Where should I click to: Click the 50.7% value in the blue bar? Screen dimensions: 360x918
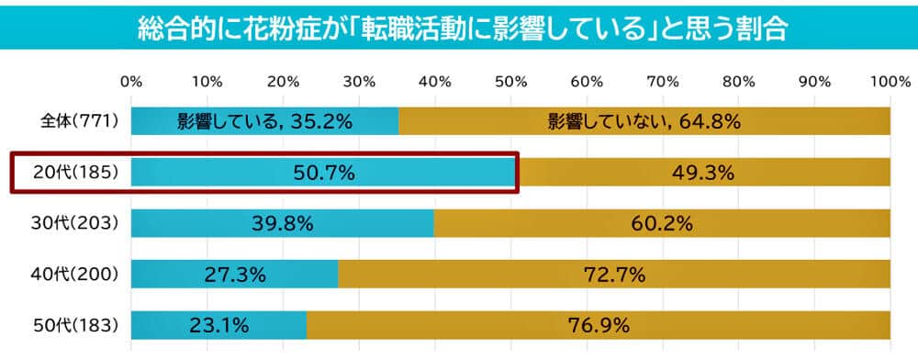324,173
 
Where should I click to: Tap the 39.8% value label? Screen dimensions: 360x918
283,223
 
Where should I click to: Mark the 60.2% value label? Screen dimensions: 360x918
661,223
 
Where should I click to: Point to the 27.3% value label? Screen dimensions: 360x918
235,274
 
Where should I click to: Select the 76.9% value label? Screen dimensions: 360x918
599,324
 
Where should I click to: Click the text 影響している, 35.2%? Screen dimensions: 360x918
265,121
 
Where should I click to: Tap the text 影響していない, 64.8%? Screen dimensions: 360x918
644,121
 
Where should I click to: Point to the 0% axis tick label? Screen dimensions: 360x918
131,82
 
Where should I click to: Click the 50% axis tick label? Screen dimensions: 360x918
510,82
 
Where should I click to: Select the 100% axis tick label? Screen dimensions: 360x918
889,82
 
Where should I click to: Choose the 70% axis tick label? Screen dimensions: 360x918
662,82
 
